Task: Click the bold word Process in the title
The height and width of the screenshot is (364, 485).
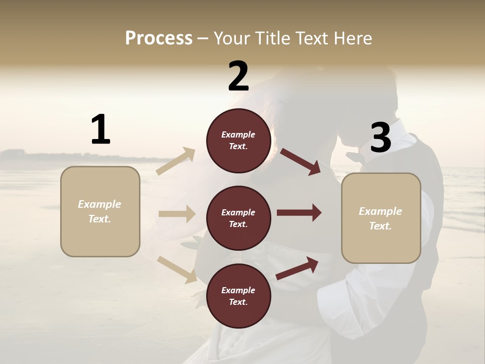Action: click(x=159, y=38)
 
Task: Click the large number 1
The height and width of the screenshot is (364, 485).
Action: click(x=101, y=130)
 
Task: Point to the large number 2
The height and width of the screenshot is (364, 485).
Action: click(x=238, y=76)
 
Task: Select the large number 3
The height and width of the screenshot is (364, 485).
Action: click(x=380, y=138)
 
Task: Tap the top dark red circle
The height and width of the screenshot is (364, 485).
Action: click(x=238, y=141)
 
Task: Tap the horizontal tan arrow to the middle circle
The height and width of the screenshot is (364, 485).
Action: click(x=177, y=214)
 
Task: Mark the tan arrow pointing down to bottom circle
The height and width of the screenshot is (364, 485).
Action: click(x=177, y=269)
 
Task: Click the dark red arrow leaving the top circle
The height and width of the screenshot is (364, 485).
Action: click(x=300, y=161)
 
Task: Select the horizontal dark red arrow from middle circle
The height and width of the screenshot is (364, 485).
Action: click(x=299, y=212)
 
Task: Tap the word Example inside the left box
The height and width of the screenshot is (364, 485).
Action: click(x=100, y=204)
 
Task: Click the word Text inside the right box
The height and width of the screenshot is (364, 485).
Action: click(x=380, y=226)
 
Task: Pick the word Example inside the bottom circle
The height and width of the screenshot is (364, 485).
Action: click(x=238, y=290)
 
